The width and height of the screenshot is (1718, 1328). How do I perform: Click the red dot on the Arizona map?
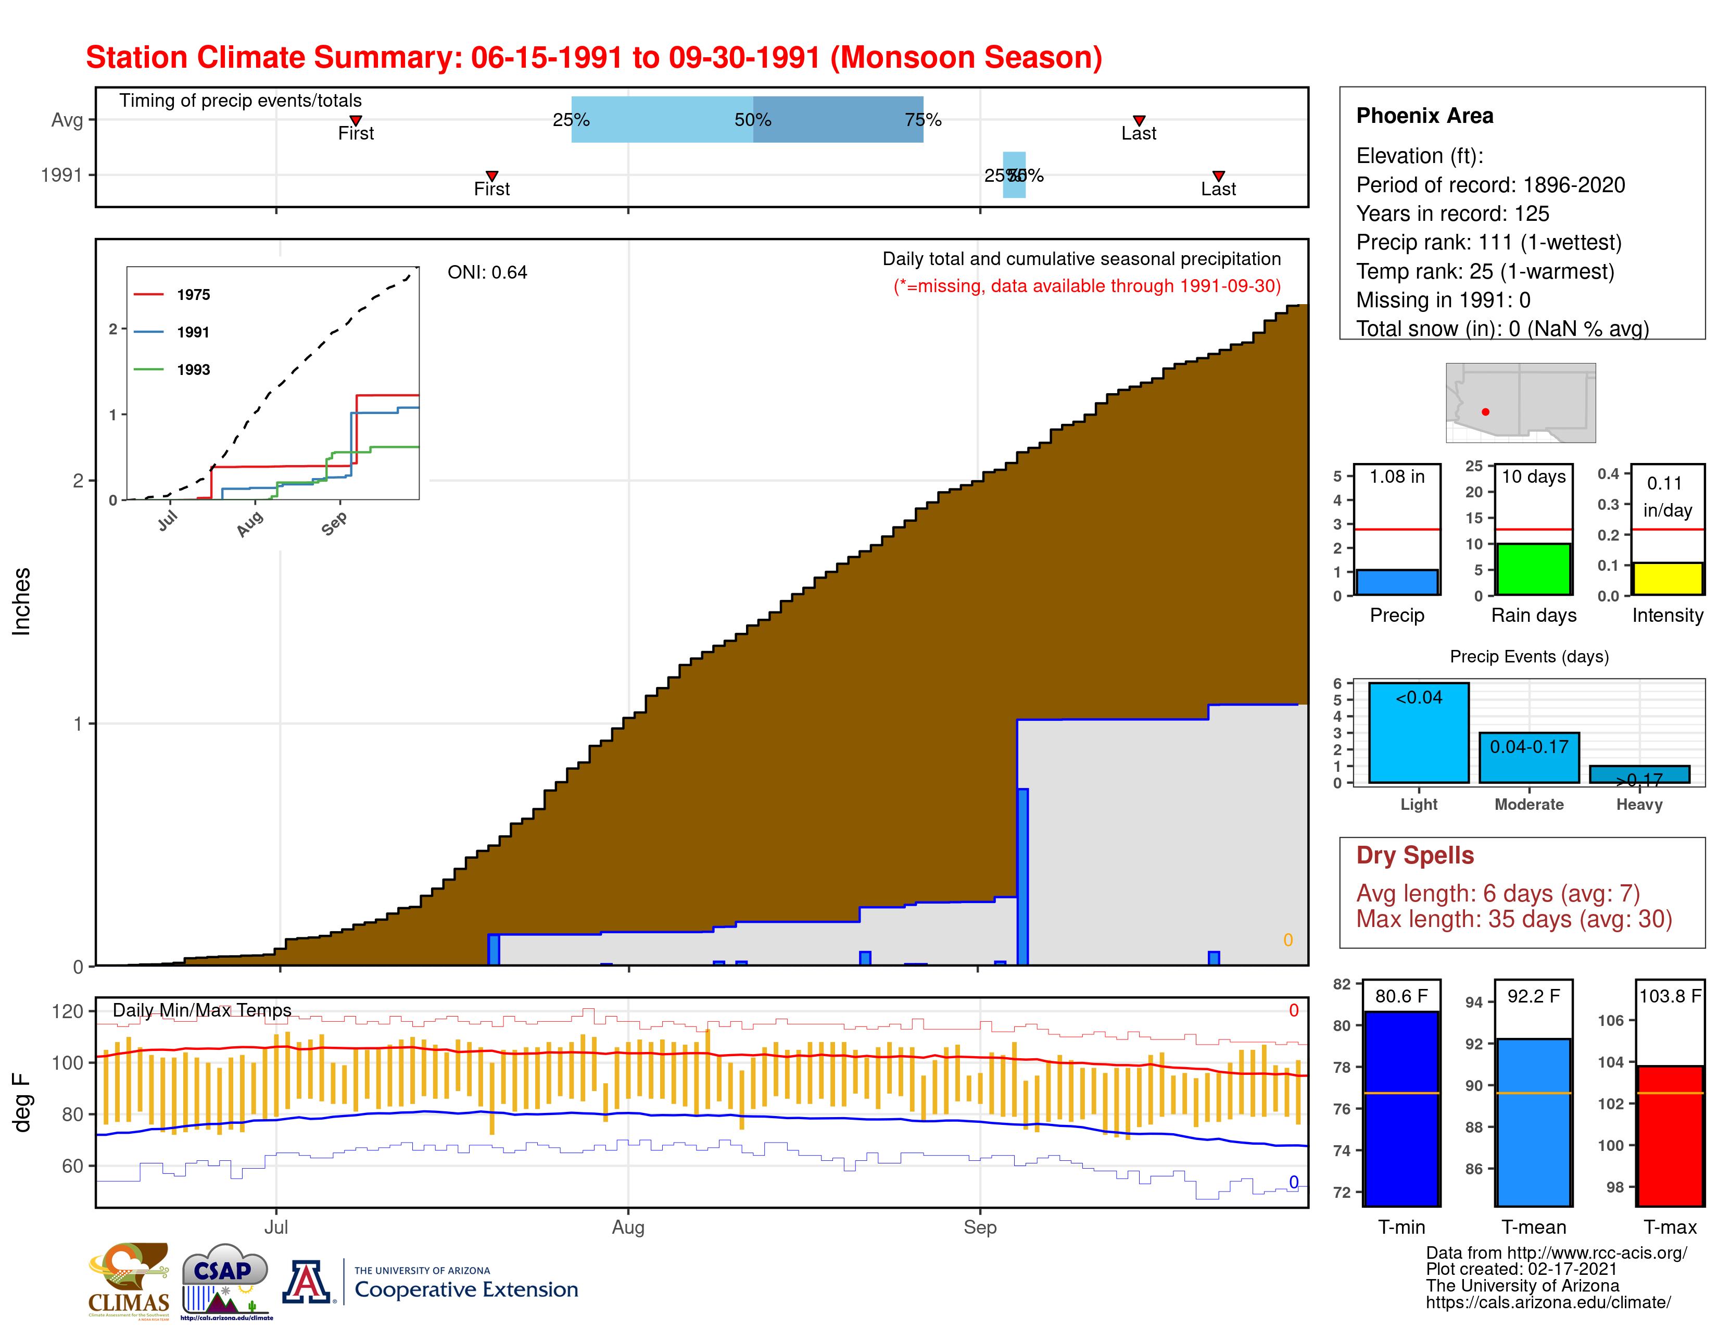tap(1485, 411)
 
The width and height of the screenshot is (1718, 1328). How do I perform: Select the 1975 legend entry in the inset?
tap(193, 295)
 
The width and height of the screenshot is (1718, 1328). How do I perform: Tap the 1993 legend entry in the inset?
tap(193, 370)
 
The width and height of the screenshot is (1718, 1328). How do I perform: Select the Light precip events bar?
tap(1418, 733)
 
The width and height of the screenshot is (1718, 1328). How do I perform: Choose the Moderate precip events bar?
tap(1528, 758)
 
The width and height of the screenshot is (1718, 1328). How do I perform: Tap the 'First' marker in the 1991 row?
tap(491, 176)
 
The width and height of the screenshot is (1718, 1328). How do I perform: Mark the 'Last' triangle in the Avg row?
tap(1138, 120)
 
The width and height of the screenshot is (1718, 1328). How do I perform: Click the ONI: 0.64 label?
tap(487, 273)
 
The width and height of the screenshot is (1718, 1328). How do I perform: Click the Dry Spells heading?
tap(1414, 855)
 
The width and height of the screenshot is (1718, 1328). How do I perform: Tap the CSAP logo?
tap(225, 1280)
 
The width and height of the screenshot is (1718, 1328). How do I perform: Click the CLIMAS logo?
tap(129, 1280)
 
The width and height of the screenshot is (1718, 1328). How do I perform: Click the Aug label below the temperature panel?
tap(628, 1227)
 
